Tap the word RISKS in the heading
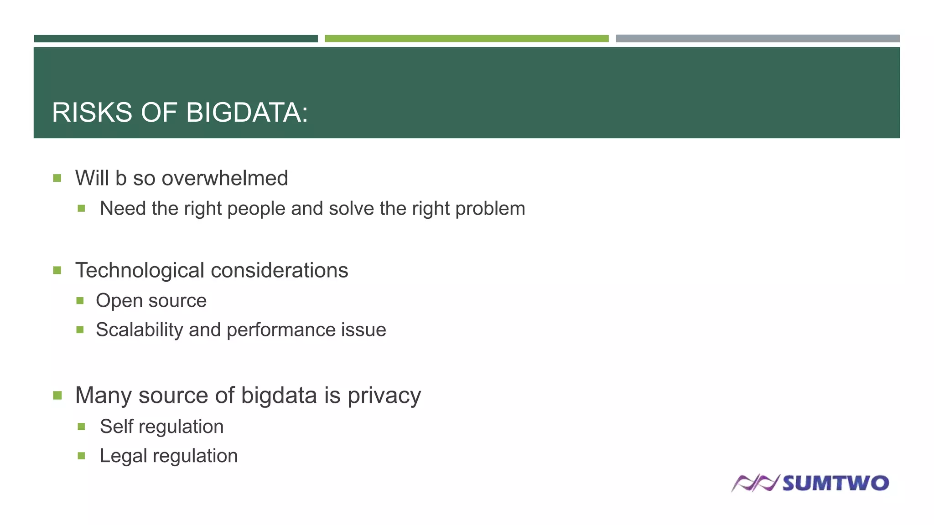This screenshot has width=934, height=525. click(x=92, y=113)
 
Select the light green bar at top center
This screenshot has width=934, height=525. click(x=467, y=39)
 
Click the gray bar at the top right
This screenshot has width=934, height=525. click(x=758, y=39)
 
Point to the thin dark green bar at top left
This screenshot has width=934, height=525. click(x=176, y=39)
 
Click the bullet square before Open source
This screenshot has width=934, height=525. click(x=80, y=301)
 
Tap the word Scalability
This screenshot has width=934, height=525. click(x=139, y=330)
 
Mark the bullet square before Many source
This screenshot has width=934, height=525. click(x=57, y=395)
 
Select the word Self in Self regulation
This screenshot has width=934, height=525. click(x=116, y=427)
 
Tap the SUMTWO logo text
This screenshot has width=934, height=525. click(x=835, y=483)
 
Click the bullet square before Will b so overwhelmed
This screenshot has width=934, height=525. click(x=57, y=178)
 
